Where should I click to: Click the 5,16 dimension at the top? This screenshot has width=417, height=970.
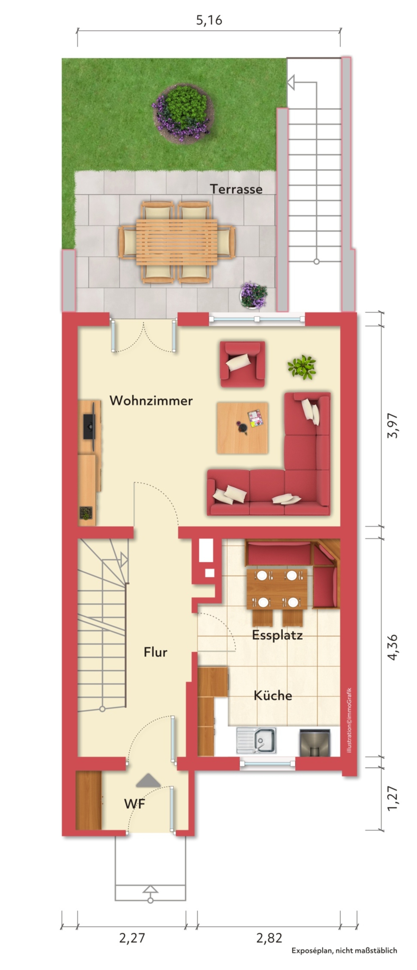(209, 20)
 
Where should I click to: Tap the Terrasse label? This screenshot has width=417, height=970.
(236, 189)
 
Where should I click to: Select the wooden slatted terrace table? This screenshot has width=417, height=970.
(177, 242)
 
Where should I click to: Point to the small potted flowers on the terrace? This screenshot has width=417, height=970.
(253, 296)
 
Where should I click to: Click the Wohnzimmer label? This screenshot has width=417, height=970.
(151, 401)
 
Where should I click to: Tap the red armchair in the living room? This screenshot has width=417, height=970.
(243, 364)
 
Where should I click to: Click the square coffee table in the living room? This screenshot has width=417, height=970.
(243, 428)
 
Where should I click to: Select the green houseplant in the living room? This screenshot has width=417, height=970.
(302, 367)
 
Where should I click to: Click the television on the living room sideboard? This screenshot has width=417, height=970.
(89, 426)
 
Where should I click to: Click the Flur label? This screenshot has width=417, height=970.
(155, 652)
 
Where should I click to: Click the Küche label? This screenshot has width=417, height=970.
(273, 696)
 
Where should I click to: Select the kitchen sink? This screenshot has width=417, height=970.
(256, 740)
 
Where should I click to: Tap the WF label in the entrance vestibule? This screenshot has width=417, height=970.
(135, 804)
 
